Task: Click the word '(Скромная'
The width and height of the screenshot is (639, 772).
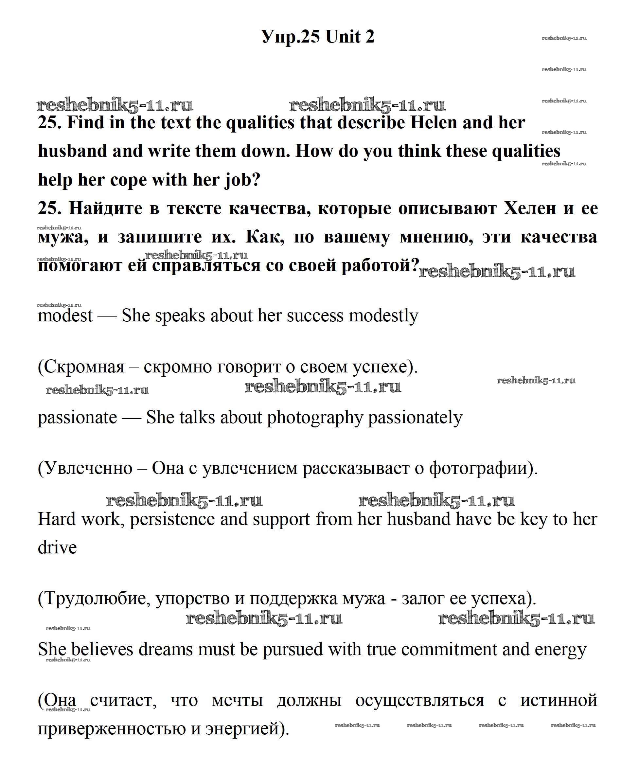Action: tap(81, 367)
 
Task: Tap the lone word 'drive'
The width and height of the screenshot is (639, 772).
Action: tap(57, 548)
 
